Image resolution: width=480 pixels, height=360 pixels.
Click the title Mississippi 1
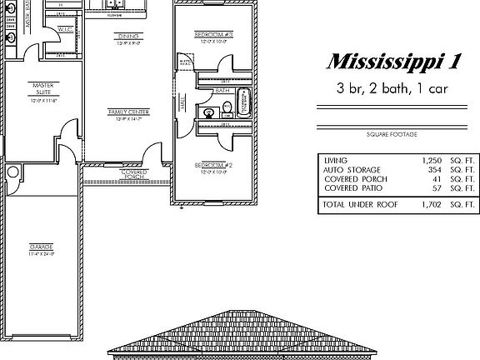392,62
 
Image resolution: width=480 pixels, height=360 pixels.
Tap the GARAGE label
41,250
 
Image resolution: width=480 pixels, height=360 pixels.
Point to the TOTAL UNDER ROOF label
359,204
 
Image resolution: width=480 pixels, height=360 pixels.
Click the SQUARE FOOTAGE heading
391,134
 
